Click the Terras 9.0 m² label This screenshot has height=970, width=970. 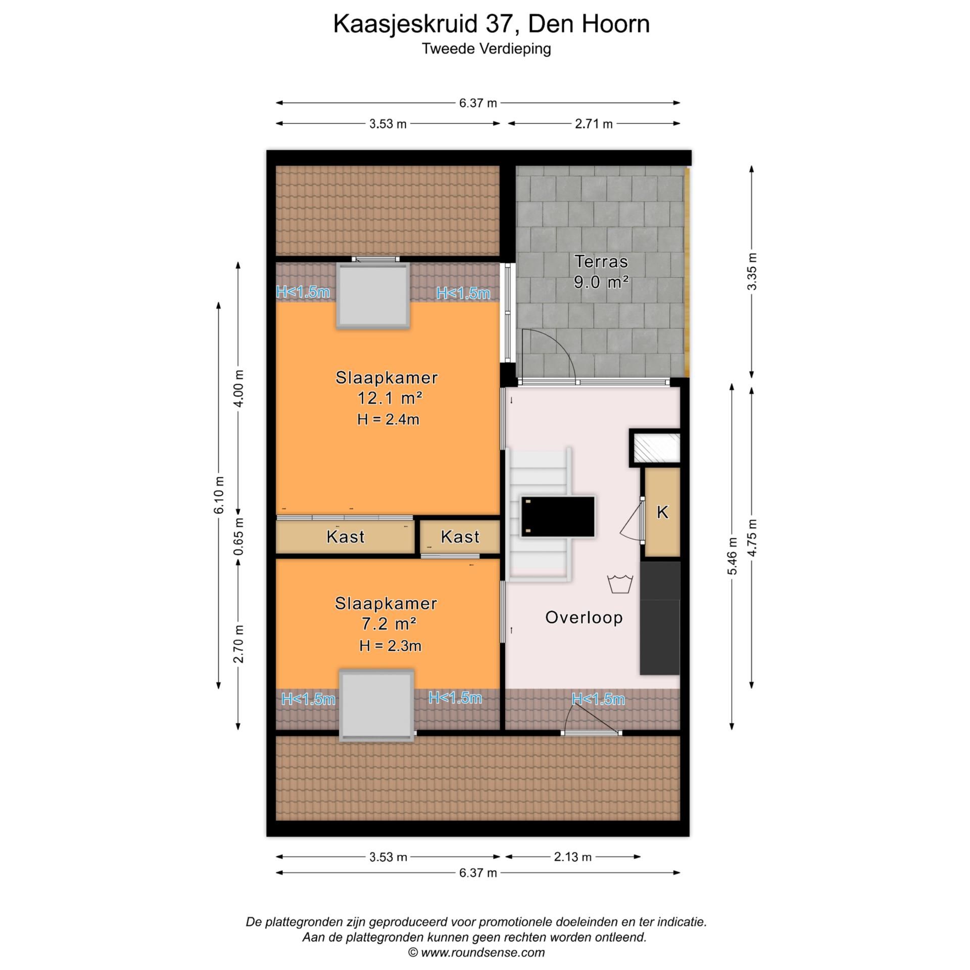(x=601, y=272)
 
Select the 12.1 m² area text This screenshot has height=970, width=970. (x=390, y=399)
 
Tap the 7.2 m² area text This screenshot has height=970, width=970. (x=389, y=624)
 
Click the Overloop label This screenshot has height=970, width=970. (x=584, y=617)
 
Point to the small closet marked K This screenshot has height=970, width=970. (x=662, y=513)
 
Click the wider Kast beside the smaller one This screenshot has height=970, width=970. (x=345, y=537)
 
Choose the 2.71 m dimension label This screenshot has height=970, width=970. (x=594, y=124)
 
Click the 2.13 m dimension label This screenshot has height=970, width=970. (x=572, y=857)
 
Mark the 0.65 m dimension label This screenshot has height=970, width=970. (x=239, y=536)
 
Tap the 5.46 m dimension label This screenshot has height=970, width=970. (x=732, y=556)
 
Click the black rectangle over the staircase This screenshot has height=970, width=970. (x=558, y=516)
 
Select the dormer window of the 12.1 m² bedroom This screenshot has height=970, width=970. (x=373, y=296)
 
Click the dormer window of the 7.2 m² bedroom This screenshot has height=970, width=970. (x=376, y=706)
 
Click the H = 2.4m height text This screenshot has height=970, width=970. (x=388, y=419)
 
